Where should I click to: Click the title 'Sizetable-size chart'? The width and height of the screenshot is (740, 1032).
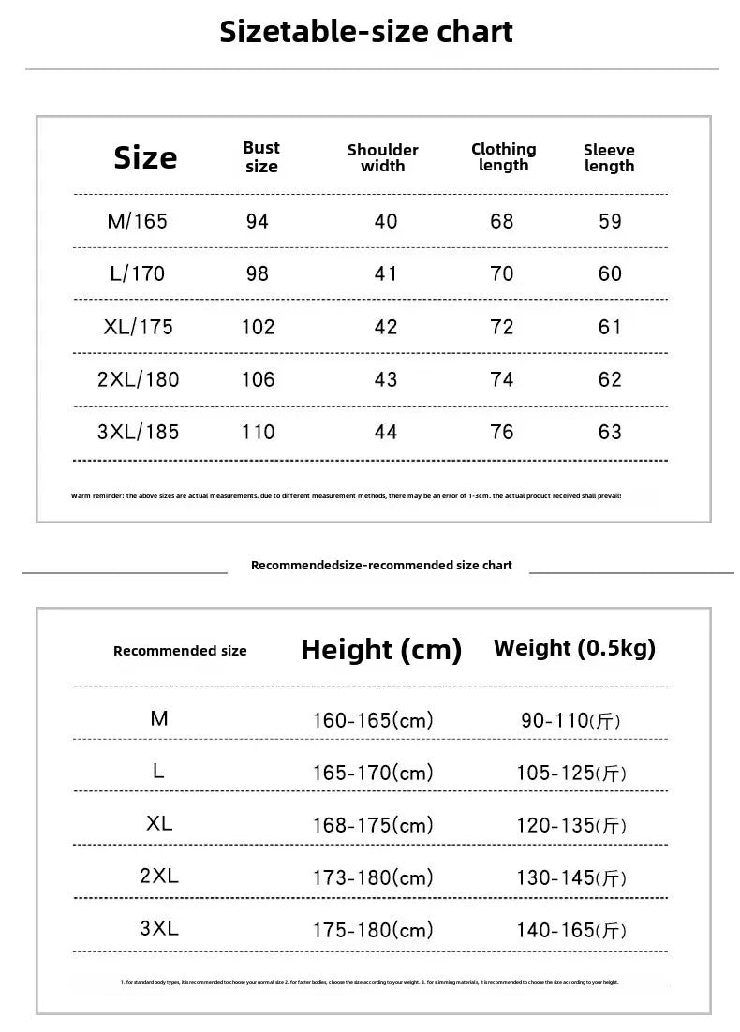pos(366,32)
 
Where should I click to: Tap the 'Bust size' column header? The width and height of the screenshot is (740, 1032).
pos(261,157)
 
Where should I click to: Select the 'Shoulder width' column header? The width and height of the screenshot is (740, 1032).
pos(382,158)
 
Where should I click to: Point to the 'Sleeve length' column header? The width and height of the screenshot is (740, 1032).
pos(609,158)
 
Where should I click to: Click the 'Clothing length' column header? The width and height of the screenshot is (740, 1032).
pos(503,157)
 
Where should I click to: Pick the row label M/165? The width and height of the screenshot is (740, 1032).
pos(137,222)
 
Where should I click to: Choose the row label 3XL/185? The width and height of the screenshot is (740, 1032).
pos(138,433)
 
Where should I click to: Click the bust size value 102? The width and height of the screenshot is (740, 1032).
pos(258,328)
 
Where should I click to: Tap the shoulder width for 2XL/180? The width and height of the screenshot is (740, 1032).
pos(385,380)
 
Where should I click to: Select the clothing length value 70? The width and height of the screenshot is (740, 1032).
pos(502,274)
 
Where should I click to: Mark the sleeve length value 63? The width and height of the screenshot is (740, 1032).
pos(610,433)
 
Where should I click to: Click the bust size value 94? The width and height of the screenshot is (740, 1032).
pos(257,222)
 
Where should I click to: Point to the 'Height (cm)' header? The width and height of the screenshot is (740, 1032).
pos(381,650)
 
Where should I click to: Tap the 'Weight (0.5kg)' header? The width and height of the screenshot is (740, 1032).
pos(574,648)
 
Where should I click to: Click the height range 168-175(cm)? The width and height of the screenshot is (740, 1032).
pos(373,826)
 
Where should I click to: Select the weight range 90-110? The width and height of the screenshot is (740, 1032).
pos(571,721)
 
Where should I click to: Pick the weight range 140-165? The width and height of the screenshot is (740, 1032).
pos(571,931)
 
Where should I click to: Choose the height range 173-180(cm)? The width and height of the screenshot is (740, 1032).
pos(373,878)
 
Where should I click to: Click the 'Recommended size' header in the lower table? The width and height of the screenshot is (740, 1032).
pos(180,651)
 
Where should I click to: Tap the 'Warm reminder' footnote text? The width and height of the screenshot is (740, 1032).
pos(346,495)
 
